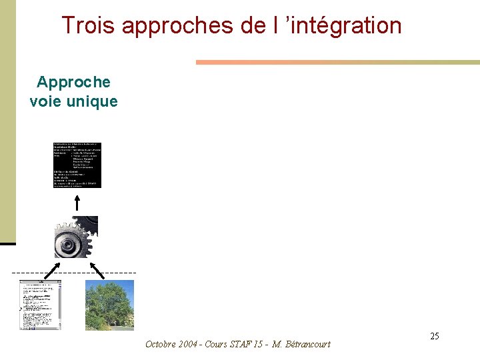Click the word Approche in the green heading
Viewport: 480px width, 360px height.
click(x=73, y=82)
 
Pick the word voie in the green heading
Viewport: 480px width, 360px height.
click(x=44, y=101)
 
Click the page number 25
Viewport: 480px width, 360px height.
click(x=434, y=336)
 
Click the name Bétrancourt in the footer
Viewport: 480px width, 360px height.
click(x=307, y=344)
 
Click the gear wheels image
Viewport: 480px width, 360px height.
click(x=76, y=237)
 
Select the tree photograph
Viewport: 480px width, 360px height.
click(x=109, y=305)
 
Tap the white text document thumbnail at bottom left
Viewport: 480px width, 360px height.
click(x=40, y=305)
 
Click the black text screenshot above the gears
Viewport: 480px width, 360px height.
click(x=77, y=165)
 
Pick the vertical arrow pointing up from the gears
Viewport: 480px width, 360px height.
click(x=77, y=202)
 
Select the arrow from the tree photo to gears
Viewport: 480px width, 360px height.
click(x=97, y=270)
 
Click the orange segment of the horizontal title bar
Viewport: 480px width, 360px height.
click(x=253, y=62)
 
